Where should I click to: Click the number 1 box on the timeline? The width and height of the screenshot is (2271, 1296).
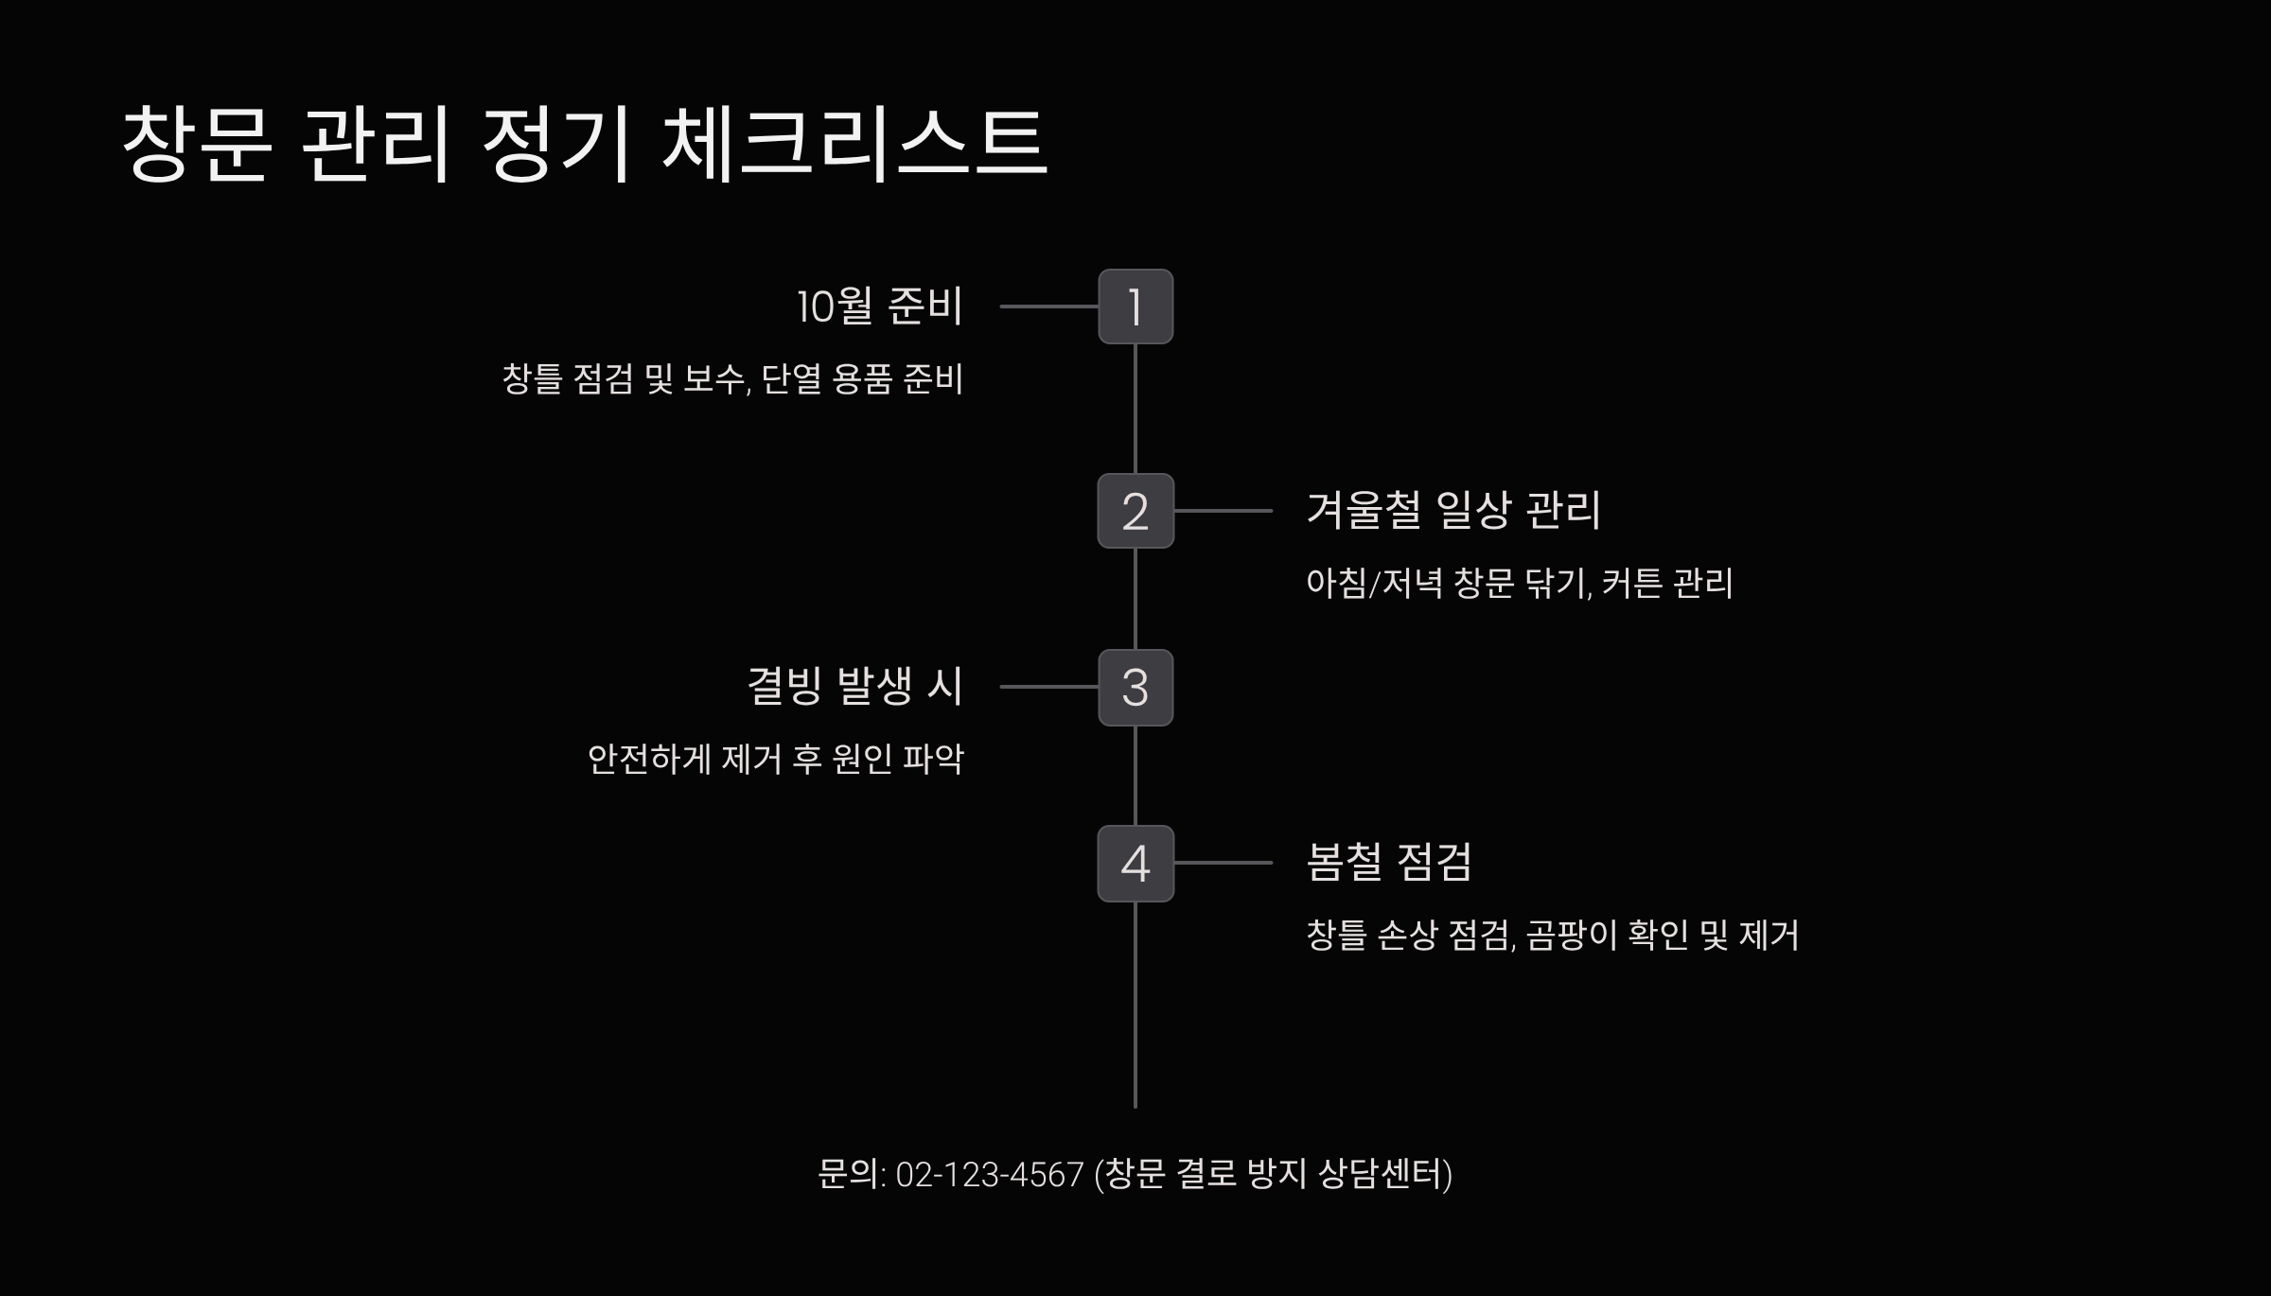pos(1135,306)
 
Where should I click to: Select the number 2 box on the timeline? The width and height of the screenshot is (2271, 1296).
pos(1135,511)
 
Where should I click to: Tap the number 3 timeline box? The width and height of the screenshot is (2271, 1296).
pos(1135,688)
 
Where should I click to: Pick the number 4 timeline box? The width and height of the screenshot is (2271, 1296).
pos(1135,864)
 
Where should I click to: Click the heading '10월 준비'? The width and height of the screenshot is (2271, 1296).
pos(879,306)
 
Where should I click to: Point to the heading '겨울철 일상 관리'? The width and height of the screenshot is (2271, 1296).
pos(1452,511)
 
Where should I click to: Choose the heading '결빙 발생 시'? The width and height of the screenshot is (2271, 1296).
pos(854,687)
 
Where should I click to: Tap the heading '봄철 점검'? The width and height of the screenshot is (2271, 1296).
pos(1388,863)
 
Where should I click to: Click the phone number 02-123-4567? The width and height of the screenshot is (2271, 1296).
pos(989,1175)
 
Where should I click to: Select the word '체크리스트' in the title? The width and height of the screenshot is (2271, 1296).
pos(854,144)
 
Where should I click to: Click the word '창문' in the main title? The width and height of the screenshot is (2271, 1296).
pos(197,144)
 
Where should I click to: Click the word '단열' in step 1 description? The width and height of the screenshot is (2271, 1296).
pos(791,379)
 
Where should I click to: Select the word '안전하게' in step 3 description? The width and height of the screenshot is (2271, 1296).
pos(648,760)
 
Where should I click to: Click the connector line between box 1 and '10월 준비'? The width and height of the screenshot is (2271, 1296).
pos(1048,306)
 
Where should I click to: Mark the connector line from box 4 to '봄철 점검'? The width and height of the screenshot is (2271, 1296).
pos(1223,863)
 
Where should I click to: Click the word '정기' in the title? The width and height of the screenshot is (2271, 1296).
pos(556,144)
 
